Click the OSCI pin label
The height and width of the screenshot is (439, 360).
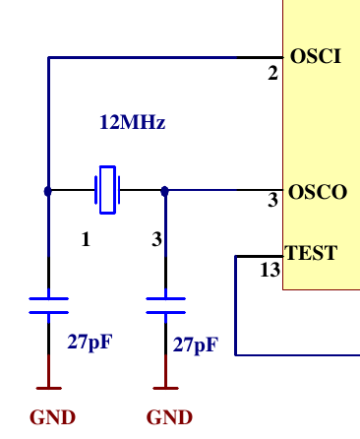click(x=316, y=57)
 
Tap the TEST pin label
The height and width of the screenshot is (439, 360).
click(x=311, y=253)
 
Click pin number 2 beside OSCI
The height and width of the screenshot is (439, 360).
click(x=273, y=75)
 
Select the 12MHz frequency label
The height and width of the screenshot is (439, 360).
click(x=132, y=124)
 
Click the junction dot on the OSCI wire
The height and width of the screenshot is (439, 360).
click(x=48, y=191)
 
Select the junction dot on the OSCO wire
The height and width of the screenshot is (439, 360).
click(x=164, y=191)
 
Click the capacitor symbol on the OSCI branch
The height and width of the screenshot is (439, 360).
click(x=48, y=305)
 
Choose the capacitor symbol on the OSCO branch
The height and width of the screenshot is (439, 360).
click(x=164, y=305)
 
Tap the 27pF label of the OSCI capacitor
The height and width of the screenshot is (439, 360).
click(x=90, y=343)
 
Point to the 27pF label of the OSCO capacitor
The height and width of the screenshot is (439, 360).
click(x=196, y=345)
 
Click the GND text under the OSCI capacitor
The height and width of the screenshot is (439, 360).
click(x=52, y=416)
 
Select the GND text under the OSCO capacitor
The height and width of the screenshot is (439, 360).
click(x=169, y=416)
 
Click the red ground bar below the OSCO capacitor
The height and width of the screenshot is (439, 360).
click(x=164, y=385)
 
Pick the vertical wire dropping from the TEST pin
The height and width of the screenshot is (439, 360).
click(x=236, y=305)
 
